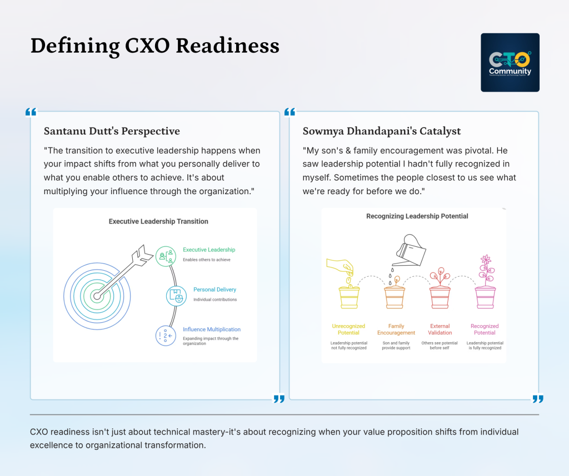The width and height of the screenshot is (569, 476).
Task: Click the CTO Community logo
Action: coord(510,62)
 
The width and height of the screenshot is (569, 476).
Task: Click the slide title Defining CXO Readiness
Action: coord(154,45)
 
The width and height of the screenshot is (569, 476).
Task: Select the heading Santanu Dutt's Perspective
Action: coord(112,131)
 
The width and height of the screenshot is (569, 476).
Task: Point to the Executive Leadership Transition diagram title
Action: coord(158,221)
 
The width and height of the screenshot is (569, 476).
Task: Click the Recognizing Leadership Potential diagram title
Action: coord(417,216)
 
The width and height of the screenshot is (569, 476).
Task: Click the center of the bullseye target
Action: coord(97,296)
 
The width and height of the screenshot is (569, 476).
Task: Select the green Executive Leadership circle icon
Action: coord(166,256)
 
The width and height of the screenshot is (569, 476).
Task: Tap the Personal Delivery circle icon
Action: coord(177,295)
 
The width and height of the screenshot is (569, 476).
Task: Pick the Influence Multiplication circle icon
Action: coord(166,335)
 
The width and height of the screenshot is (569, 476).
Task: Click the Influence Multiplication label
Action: coord(212,330)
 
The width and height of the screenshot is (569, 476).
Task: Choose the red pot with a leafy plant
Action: coord(440,291)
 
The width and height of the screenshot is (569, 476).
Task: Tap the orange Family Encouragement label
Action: coord(396,330)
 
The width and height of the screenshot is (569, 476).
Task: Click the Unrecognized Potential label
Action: coord(348,330)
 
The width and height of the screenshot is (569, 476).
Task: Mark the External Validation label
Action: coord(441,330)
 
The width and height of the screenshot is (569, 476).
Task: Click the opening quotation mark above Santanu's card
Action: coord(31,113)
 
